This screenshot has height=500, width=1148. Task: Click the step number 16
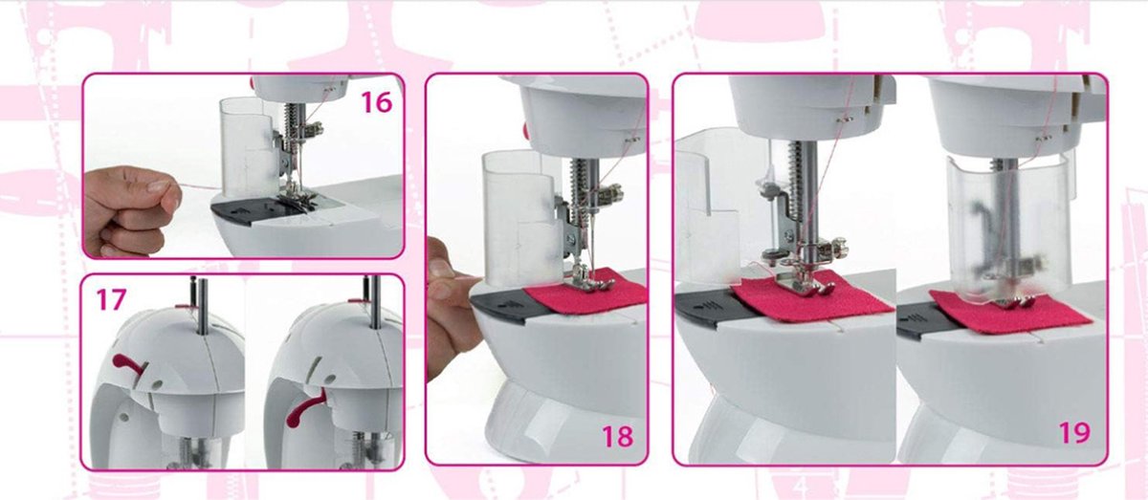coord(377,102)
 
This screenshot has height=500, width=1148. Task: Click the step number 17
coord(111,299)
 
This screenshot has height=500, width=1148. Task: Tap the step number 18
coord(618,437)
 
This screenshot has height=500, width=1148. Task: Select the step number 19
coord(1074,433)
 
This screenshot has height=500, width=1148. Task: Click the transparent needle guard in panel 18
coord(520,218)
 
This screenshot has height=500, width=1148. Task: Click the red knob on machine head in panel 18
coord(524,130)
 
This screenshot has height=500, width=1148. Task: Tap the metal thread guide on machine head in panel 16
coord(331,89)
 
